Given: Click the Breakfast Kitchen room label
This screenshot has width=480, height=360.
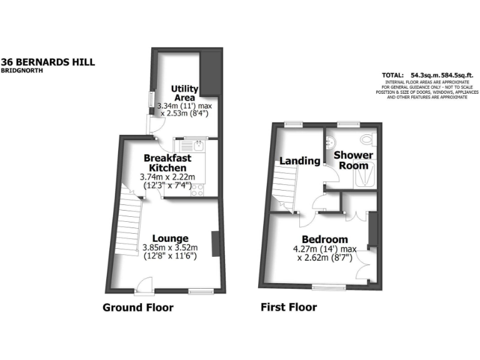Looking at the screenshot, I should click(165, 163).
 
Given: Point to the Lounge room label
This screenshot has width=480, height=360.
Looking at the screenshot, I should click(170, 238).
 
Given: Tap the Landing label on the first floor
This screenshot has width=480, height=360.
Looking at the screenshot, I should click(299, 161).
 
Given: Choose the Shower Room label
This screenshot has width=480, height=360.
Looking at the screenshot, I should click(353, 160).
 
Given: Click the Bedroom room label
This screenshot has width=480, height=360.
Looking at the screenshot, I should click(324, 239).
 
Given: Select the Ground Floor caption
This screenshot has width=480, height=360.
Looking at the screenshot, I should click(137, 307).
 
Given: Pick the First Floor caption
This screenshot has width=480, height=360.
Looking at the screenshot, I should click(289, 307).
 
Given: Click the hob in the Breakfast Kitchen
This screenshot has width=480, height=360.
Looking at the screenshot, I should click(197, 189).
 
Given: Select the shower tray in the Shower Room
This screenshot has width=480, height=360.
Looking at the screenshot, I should click(364, 176).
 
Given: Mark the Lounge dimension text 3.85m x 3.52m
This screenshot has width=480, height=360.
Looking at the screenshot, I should click(170, 247).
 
